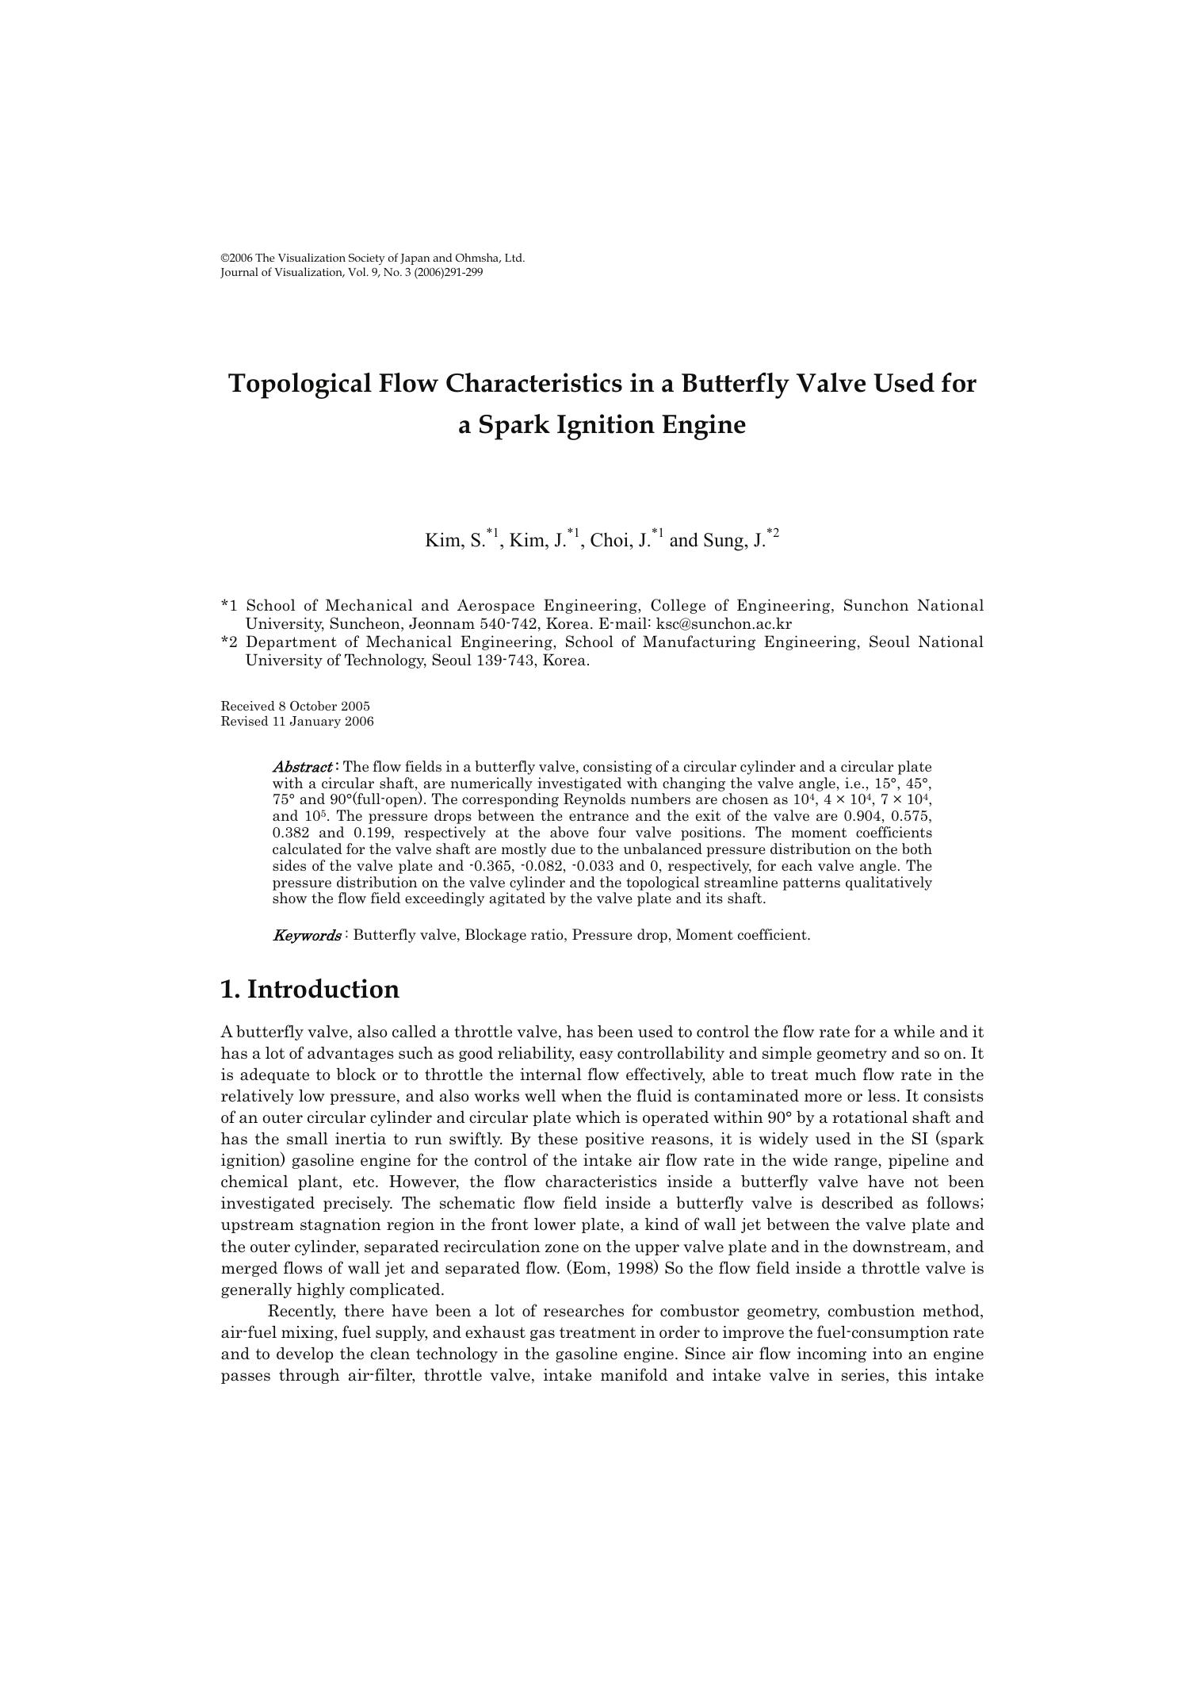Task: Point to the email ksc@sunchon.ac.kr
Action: point(724,623)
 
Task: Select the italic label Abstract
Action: point(302,767)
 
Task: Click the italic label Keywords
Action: point(307,935)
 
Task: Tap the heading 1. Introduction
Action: point(310,990)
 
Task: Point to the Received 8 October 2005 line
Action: point(295,707)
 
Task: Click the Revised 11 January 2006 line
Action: point(296,722)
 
